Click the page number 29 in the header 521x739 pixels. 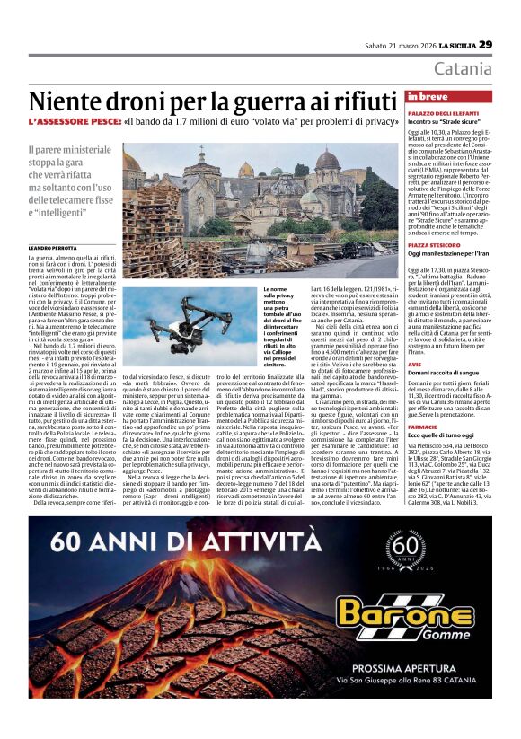coord(485,44)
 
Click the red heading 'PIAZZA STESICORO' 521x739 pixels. coord(434,243)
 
